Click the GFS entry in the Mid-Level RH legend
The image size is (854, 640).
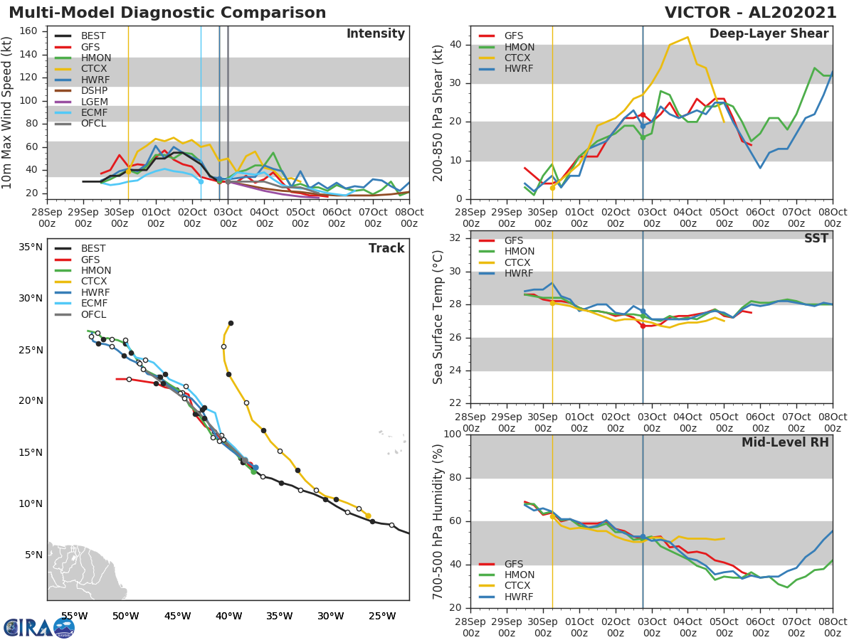tap(513, 564)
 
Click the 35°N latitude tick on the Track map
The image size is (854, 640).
tap(31, 247)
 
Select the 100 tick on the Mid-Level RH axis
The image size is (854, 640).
tap(453, 434)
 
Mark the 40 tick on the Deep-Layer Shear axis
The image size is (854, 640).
tap(456, 45)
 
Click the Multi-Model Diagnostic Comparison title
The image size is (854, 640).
tap(167, 13)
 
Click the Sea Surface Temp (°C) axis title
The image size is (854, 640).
tap(438, 317)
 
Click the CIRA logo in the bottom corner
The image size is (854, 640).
tap(39, 628)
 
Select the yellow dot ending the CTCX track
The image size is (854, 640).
tap(368, 516)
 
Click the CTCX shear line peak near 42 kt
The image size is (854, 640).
tap(687, 38)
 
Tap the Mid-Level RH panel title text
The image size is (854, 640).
tap(785, 442)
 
